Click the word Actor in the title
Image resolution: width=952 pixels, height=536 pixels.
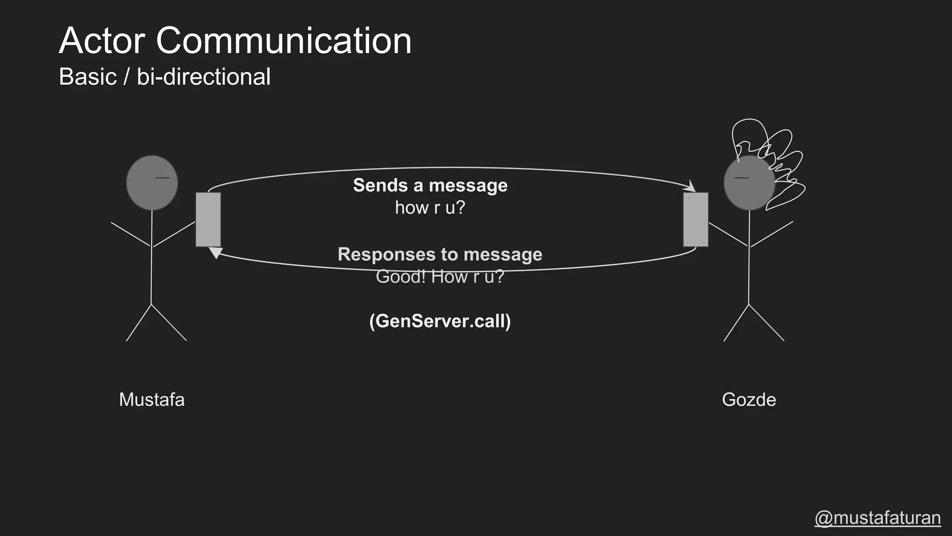click(102, 41)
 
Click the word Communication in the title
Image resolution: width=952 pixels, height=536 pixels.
click(284, 41)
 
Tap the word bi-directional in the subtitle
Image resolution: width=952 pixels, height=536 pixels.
click(203, 77)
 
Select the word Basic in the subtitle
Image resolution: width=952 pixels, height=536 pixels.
click(87, 77)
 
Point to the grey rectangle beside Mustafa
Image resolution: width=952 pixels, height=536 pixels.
click(208, 220)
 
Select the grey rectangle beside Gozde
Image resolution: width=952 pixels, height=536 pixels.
click(695, 220)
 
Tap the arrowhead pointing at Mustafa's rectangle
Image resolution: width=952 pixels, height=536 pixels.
click(215, 253)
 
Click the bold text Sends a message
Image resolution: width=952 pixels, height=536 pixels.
click(430, 185)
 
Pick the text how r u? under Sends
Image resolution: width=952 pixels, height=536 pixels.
click(430, 208)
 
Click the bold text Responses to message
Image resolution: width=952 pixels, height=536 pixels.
click(440, 254)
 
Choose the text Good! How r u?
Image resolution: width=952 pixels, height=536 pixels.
click(440, 277)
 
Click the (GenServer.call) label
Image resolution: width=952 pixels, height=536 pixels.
click(440, 321)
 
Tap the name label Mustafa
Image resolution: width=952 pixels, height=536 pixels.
click(152, 400)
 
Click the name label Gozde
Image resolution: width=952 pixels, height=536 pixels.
click(749, 400)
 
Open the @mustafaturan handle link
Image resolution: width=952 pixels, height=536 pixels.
click(878, 518)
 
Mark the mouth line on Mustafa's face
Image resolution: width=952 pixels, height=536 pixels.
click(162, 178)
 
